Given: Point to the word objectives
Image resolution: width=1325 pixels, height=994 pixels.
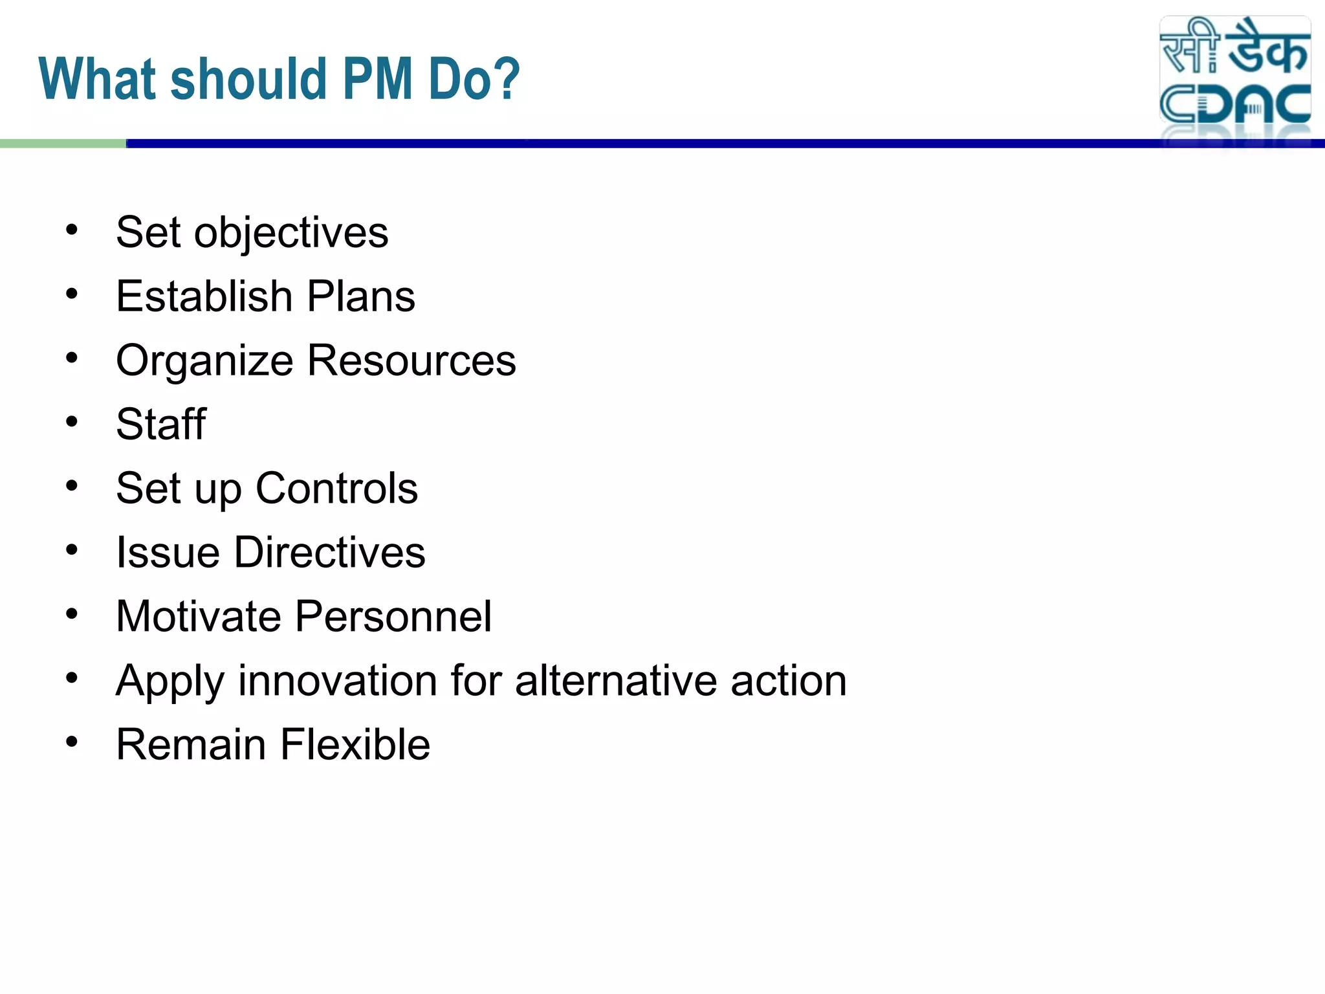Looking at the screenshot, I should pyautogui.click(x=291, y=233).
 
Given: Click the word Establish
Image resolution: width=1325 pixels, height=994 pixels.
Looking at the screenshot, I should pyautogui.click(x=204, y=296).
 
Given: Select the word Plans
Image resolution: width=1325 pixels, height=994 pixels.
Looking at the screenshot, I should pyautogui.click(x=361, y=296).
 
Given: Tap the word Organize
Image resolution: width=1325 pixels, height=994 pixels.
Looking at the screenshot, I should pyautogui.click(x=204, y=361).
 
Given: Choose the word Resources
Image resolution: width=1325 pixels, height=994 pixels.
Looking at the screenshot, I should pyautogui.click(x=412, y=360).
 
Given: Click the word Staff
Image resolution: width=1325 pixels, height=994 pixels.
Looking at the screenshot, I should pyautogui.click(x=161, y=424).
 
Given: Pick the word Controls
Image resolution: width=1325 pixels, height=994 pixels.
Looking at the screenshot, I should pyautogui.click(x=336, y=488).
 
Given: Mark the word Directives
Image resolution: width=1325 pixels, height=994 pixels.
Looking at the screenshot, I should pyautogui.click(x=329, y=552).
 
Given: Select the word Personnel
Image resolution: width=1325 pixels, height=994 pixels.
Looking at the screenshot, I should pyautogui.click(x=393, y=616).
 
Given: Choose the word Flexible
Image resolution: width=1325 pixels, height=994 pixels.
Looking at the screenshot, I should pyautogui.click(x=355, y=744).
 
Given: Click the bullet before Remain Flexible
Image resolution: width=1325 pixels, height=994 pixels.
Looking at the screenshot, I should pyautogui.click(x=72, y=742).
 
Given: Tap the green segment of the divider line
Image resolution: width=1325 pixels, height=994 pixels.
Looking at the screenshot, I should pyautogui.click(x=63, y=144).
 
